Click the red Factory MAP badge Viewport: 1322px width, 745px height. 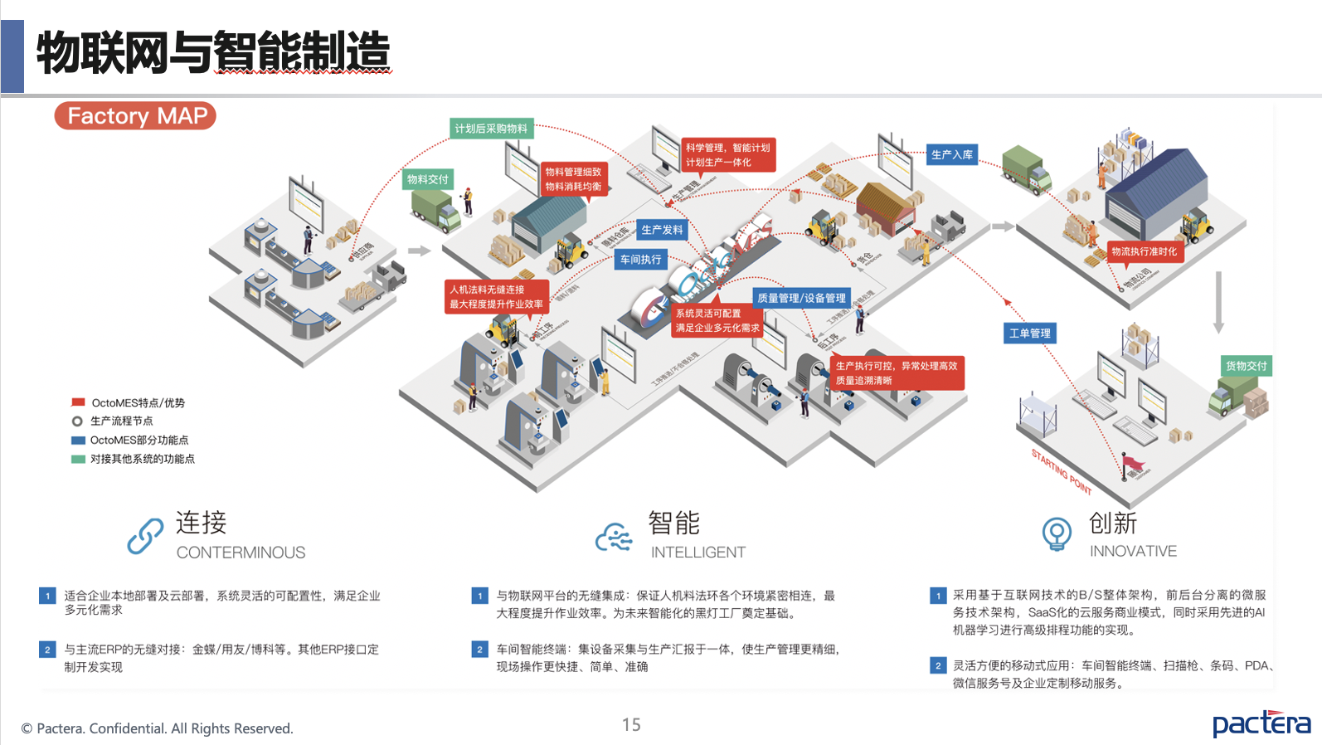(135, 116)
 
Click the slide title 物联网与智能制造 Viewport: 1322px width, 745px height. (212, 51)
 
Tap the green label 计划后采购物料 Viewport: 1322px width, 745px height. (491, 129)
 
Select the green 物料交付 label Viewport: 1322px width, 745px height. (428, 179)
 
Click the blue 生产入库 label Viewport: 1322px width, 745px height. (951, 154)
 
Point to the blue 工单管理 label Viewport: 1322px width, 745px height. (1029, 334)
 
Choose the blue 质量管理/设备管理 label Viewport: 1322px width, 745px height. (801, 298)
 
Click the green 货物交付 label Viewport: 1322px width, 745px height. (1246, 366)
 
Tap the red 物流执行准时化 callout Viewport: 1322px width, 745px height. (1144, 251)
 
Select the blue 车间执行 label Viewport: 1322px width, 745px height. (641, 260)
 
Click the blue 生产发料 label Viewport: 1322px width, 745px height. (662, 230)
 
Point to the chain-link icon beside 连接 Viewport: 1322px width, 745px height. (145, 536)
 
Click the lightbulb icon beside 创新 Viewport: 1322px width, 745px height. (1057, 533)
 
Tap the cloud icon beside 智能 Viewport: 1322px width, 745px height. (615, 538)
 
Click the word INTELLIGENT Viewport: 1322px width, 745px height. (697, 553)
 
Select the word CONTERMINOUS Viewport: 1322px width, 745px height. (241, 553)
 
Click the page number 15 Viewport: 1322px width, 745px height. (631, 725)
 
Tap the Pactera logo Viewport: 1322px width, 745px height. (1261, 723)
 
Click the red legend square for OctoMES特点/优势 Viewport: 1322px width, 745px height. (79, 402)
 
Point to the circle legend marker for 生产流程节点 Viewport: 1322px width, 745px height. (78, 421)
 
